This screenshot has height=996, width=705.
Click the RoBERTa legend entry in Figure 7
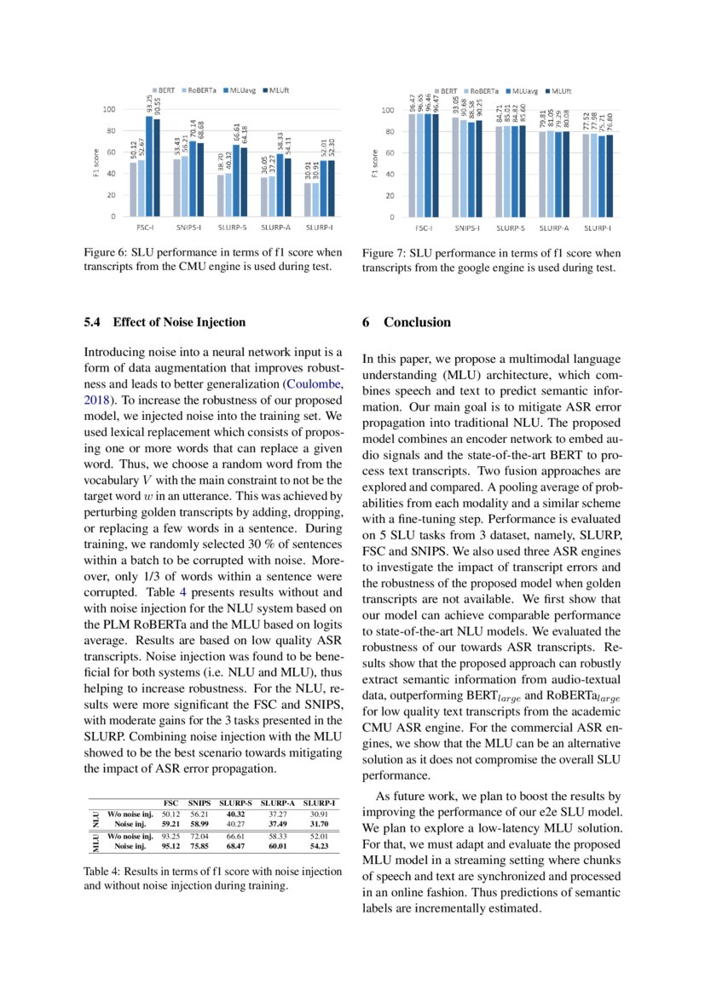[486, 89]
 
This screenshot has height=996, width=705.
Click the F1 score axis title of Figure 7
[375, 164]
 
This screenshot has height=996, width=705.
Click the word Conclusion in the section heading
[417, 322]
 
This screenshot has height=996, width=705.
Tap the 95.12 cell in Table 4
[171, 846]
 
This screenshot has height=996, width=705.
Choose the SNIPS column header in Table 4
[199, 803]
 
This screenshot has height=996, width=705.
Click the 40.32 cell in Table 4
[236, 814]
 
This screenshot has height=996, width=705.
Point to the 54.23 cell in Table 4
[321, 846]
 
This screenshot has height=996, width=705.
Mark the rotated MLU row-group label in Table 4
[96, 842]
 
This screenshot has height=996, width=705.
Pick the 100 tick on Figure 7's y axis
[387, 110]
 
